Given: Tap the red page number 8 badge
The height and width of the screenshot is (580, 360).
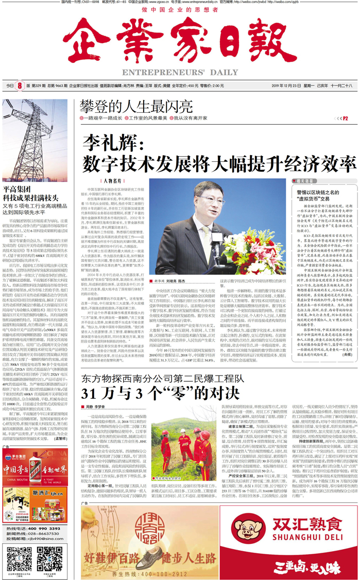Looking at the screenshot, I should [20, 86].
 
